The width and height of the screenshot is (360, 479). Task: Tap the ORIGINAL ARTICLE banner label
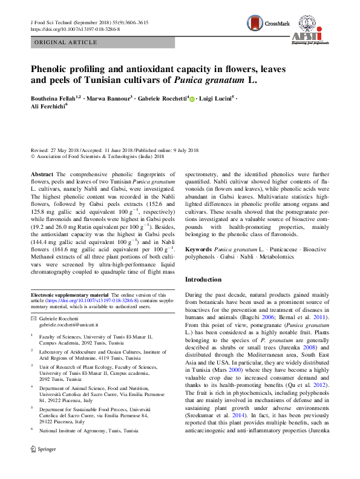click(x=67, y=43)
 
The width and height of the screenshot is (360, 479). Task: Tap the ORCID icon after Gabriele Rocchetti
click(x=192, y=99)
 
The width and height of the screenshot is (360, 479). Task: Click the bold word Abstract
click(x=42, y=174)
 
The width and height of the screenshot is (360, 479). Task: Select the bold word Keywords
click(x=198, y=249)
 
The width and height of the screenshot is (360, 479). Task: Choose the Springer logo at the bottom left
click(x=43, y=466)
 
